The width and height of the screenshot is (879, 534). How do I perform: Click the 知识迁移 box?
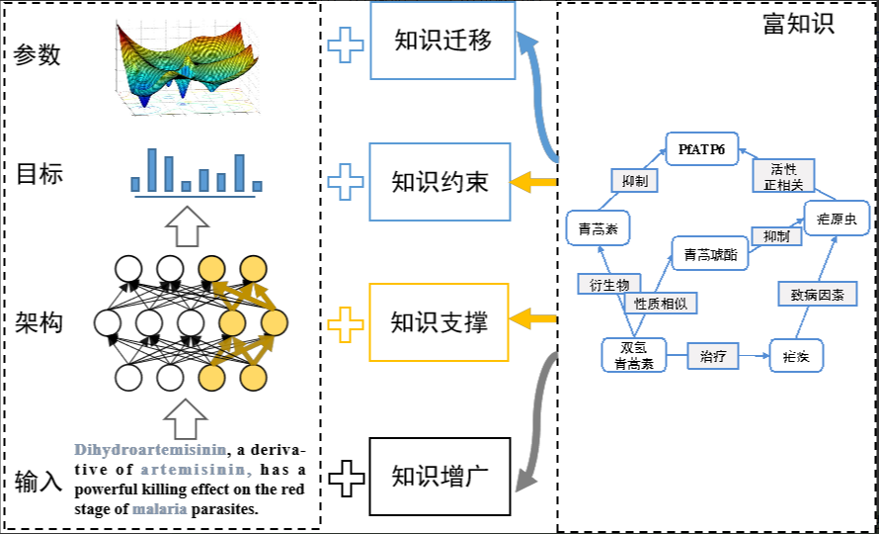442,41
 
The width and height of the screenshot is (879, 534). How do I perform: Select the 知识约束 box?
439,182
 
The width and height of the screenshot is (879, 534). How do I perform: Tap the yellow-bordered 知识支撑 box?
439,321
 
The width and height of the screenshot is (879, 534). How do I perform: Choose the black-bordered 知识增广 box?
439,477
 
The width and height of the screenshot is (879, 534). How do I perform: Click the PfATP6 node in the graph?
701,149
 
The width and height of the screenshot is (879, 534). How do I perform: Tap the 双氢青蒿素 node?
633,355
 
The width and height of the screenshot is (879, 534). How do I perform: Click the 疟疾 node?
796,355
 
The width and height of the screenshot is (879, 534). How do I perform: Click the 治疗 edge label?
713,355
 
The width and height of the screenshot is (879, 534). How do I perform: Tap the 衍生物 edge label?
608,284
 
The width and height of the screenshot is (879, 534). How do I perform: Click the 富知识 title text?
798,24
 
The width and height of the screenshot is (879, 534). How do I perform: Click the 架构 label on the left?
39,322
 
